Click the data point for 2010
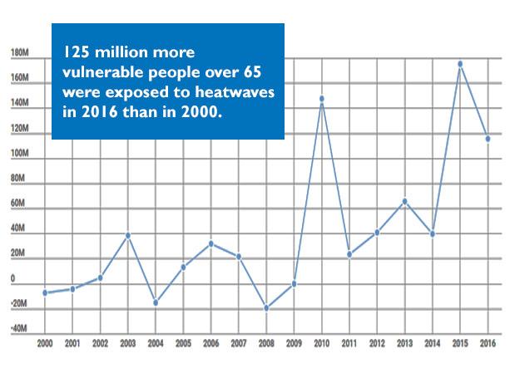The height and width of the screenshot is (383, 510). point(321,99)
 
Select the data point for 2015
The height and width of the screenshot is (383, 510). point(460,64)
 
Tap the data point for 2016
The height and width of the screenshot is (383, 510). point(488,138)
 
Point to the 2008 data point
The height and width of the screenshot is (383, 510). point(266,308)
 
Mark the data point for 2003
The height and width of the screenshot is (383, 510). point(128,235)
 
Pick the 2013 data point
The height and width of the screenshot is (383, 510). point(404,201)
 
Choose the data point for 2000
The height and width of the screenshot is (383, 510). point(45,292)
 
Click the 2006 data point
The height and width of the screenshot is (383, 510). point(211,243)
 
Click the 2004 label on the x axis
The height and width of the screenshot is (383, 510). point(156,342)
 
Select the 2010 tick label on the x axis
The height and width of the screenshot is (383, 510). point(321,342)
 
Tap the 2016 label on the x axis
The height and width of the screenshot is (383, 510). point(488,342)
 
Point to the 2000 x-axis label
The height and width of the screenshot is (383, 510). point(45,342)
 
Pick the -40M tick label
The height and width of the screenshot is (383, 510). point(18,329)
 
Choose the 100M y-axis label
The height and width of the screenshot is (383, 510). point(20,155)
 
